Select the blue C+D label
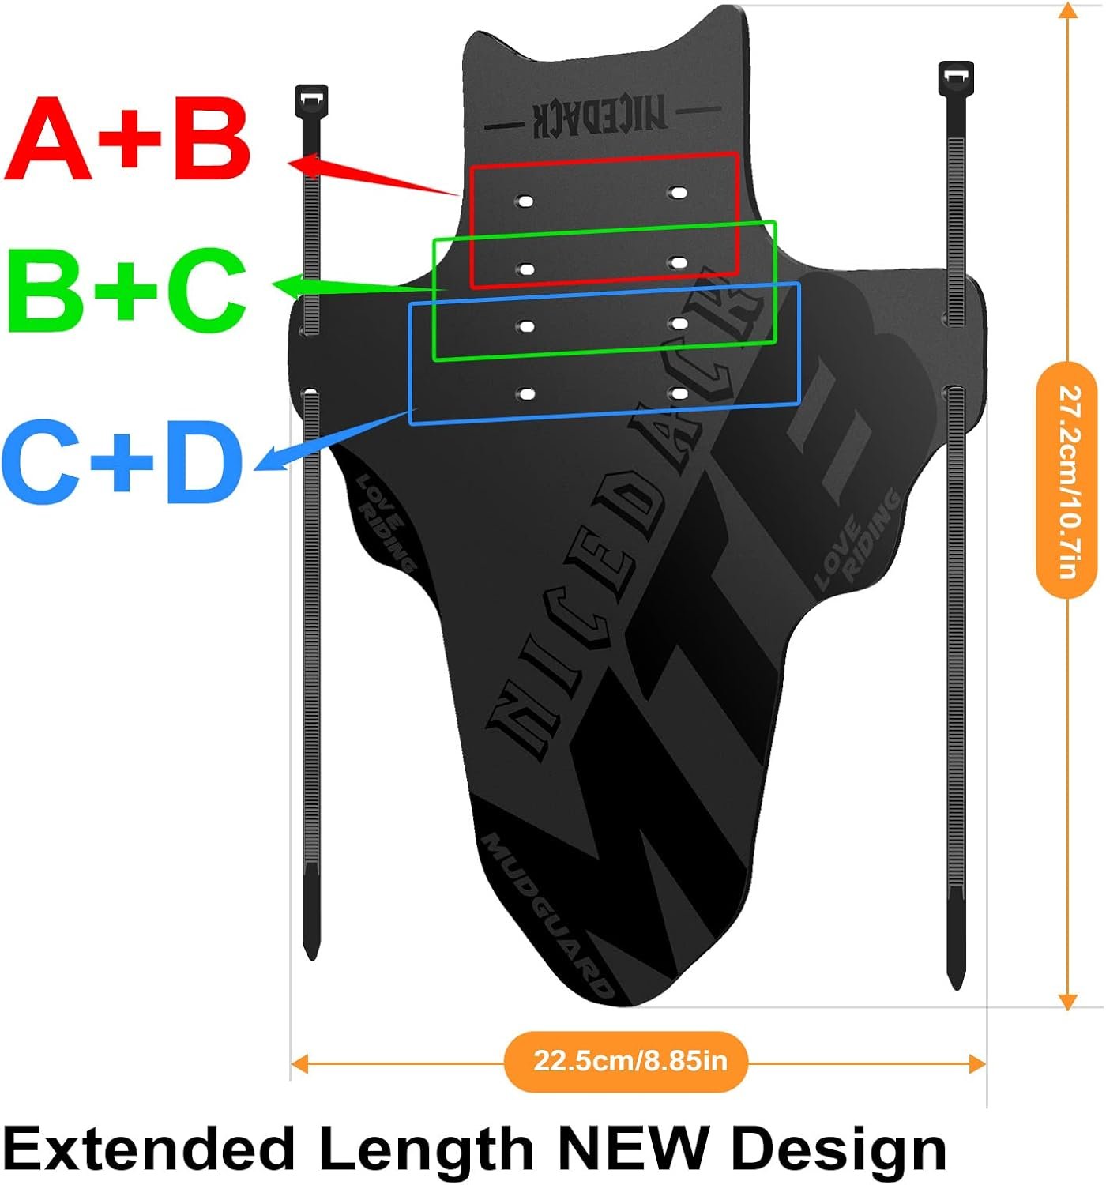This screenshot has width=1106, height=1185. coord(122,462)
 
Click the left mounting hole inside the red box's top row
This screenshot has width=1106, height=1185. coord(525,201)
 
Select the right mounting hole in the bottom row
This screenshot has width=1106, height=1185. coord(678,393)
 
